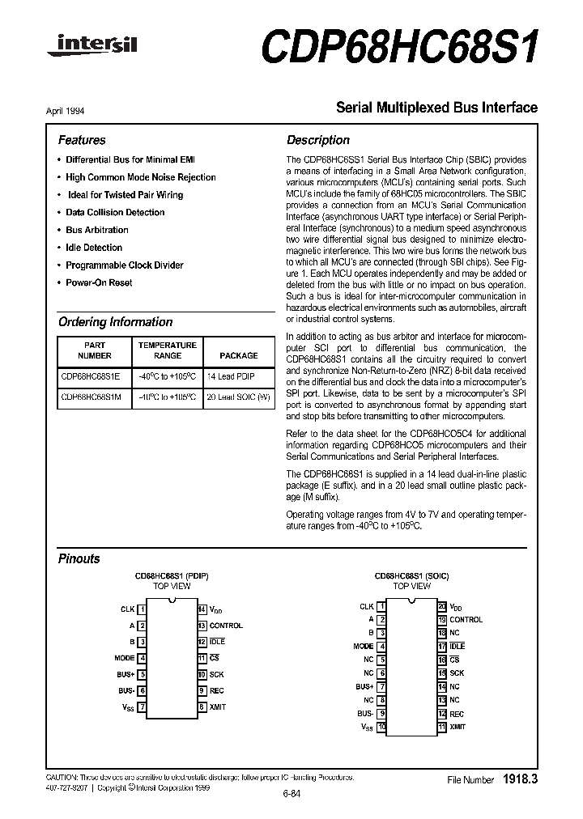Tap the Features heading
(x=82, y=140)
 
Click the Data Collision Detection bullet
(x=115, y=212)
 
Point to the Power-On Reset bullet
(x=99, y=282)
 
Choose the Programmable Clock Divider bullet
(x=124, y=265)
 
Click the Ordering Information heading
(x=115, y=321)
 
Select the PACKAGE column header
(x=239, y=355)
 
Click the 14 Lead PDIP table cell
(x=231, y=376)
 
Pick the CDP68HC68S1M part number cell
(x=91, y=397)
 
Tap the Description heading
(x=318, y=140)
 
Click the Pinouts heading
(x=79, y=558)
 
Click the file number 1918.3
(x=520, y=779)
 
